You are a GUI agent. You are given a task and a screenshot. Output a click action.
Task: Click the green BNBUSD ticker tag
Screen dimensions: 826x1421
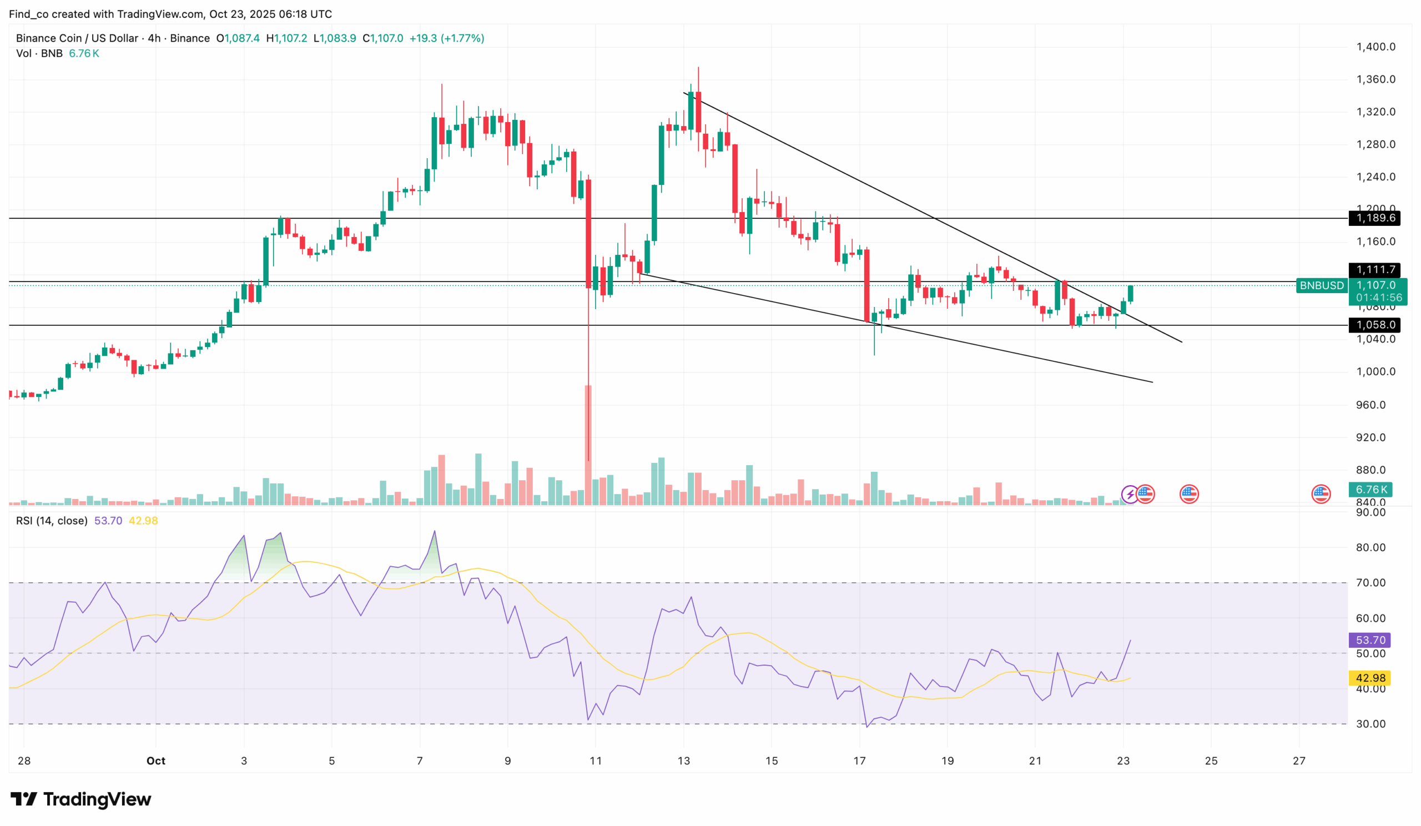(x=1321, y=286)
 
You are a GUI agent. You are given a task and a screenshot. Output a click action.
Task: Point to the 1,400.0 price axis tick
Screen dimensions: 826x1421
(x=1375, y=47)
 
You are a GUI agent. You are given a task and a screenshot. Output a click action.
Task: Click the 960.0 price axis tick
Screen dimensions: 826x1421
(x=1370, y=405)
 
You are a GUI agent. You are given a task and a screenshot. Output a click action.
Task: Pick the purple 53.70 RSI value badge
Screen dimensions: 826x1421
(x=1370, y=641)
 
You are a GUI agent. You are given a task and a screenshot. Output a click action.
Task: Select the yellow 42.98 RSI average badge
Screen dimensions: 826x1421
(x=1370, y=678)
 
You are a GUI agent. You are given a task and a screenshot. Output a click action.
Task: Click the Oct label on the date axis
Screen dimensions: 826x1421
(x=155, y=761)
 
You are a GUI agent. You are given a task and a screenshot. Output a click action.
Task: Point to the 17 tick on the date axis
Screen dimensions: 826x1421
(x=859, y=761)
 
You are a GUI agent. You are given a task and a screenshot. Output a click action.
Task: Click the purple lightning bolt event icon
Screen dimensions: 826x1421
(x=1130, y=495)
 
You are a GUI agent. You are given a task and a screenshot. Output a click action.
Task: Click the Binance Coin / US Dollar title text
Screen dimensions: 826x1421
(x=77, y=38)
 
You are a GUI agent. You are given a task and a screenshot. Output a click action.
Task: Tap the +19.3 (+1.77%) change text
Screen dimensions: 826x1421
(x=447, y=38)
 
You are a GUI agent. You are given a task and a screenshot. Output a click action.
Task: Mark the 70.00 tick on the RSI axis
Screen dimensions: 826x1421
(x=1370, y=583)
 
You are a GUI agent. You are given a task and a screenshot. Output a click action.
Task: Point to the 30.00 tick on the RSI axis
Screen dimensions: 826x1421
(x=1370, y=724)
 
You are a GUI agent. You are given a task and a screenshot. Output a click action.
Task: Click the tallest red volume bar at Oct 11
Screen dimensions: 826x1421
(x=588, y=445)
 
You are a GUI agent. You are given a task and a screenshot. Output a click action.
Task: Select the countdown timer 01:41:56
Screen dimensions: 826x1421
(x=1379, y=298)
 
